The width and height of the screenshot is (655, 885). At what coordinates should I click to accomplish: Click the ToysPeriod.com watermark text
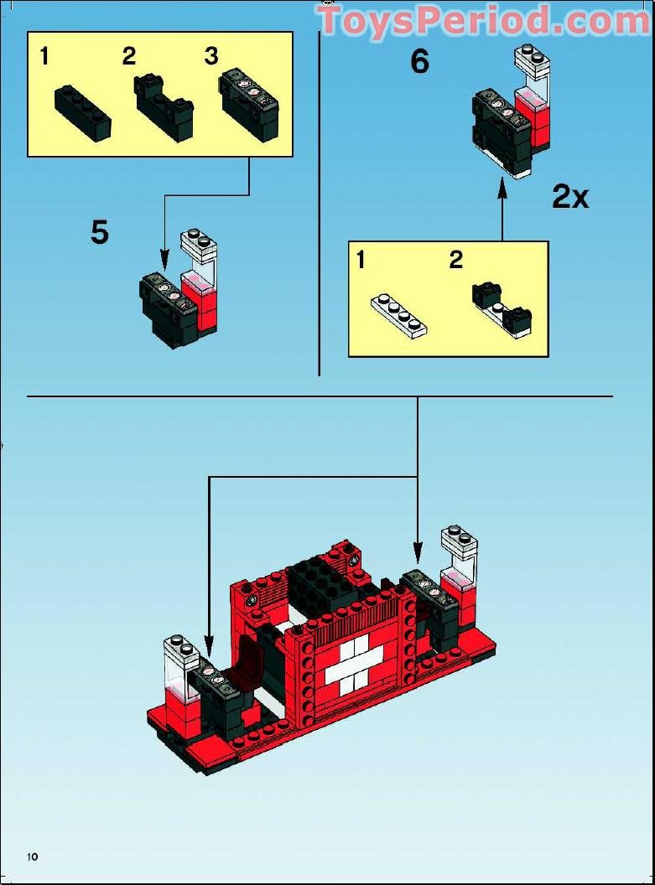pyautogui.click(x=484, y=21)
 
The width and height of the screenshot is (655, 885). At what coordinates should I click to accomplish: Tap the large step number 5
pyautogui.click(x=100, y=233)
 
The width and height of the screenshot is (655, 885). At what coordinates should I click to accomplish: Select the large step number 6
pyautogui.click(x=419, y=62)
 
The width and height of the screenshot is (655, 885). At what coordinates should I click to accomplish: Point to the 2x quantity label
pyautogui.click(x=570, y=197)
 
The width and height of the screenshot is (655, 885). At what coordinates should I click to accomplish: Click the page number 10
pyautogui.click(x=33, y=856)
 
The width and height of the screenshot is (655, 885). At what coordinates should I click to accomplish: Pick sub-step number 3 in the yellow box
pyautogui.click(x=211, y=56)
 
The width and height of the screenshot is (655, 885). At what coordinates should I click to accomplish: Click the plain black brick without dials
pyautogui.click(x=83, y=112)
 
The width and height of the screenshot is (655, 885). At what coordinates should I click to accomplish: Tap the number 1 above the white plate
pyautogui.click(x=361, y=260)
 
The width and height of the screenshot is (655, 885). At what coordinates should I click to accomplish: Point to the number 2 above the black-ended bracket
pyautogui.click(x=455, y=260)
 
